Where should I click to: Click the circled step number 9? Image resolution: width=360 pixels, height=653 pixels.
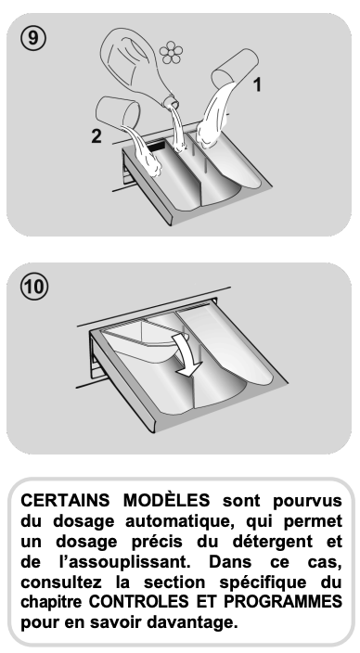pyautogui.click(x=32, y=38)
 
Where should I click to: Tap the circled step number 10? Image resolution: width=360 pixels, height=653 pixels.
pyautogui.click(x=34, y=287)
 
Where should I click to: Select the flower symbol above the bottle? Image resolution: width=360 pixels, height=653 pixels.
pyautogui.click(x=171, y=52)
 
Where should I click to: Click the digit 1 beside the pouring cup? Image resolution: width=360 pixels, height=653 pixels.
pyautogui.click(x=258, y=84)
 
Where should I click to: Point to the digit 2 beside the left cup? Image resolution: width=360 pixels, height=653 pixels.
pyautogui.click(x=96, y=135)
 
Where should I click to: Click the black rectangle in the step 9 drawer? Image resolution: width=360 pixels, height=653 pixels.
pyautogui.click(x=156, y=147)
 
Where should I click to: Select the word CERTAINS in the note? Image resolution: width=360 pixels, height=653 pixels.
pyautogui.click(x=65, y=500)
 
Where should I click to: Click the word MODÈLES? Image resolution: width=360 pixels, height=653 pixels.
pyautogui.click(x=167, y=499)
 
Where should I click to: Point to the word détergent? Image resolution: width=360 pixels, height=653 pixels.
pyautogui.click(x=273, y=542)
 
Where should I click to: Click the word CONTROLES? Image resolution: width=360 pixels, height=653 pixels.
pyautogui.click(x=138, y=602)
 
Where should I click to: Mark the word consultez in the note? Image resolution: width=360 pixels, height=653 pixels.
pyautogui.click(x=55, y=583)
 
